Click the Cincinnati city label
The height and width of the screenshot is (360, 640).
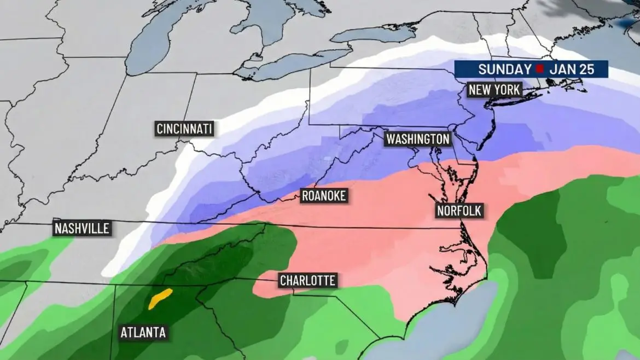pos(184,129)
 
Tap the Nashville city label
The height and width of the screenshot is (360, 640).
pos(82,228)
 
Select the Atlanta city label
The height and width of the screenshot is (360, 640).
pos(143,332)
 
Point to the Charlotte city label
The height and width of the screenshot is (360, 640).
pos(307,281)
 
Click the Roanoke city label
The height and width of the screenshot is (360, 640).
pos(324,196)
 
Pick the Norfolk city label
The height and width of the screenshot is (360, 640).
pos(460,211)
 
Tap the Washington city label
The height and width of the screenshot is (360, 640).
pos(418,139)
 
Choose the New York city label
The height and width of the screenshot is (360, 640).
pos(493,90)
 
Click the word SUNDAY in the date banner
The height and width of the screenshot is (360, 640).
pos(504,69)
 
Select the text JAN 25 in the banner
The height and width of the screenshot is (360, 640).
pos(572,69)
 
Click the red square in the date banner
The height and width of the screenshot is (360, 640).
pos(539,69)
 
